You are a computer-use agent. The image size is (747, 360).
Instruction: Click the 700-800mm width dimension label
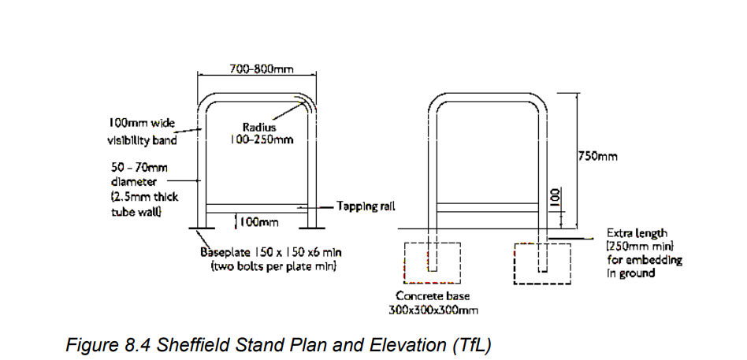point(262,69)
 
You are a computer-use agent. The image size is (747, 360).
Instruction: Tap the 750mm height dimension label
point(598,156)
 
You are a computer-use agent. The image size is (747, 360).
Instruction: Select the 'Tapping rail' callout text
point(366,206)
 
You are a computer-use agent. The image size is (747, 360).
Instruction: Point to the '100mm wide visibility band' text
point(142,132)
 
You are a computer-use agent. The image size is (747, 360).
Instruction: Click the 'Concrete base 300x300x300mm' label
point(433,302)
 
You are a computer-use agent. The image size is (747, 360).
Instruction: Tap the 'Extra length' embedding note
point(644,253)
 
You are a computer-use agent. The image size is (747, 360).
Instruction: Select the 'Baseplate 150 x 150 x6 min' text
point(270,251)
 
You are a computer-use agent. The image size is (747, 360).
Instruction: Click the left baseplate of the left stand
point(202,228)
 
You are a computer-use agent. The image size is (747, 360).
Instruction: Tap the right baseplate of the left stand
point(312,228)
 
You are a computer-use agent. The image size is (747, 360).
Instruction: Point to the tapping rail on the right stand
point(488,207)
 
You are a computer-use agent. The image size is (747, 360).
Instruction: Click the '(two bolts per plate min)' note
point(273,265)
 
